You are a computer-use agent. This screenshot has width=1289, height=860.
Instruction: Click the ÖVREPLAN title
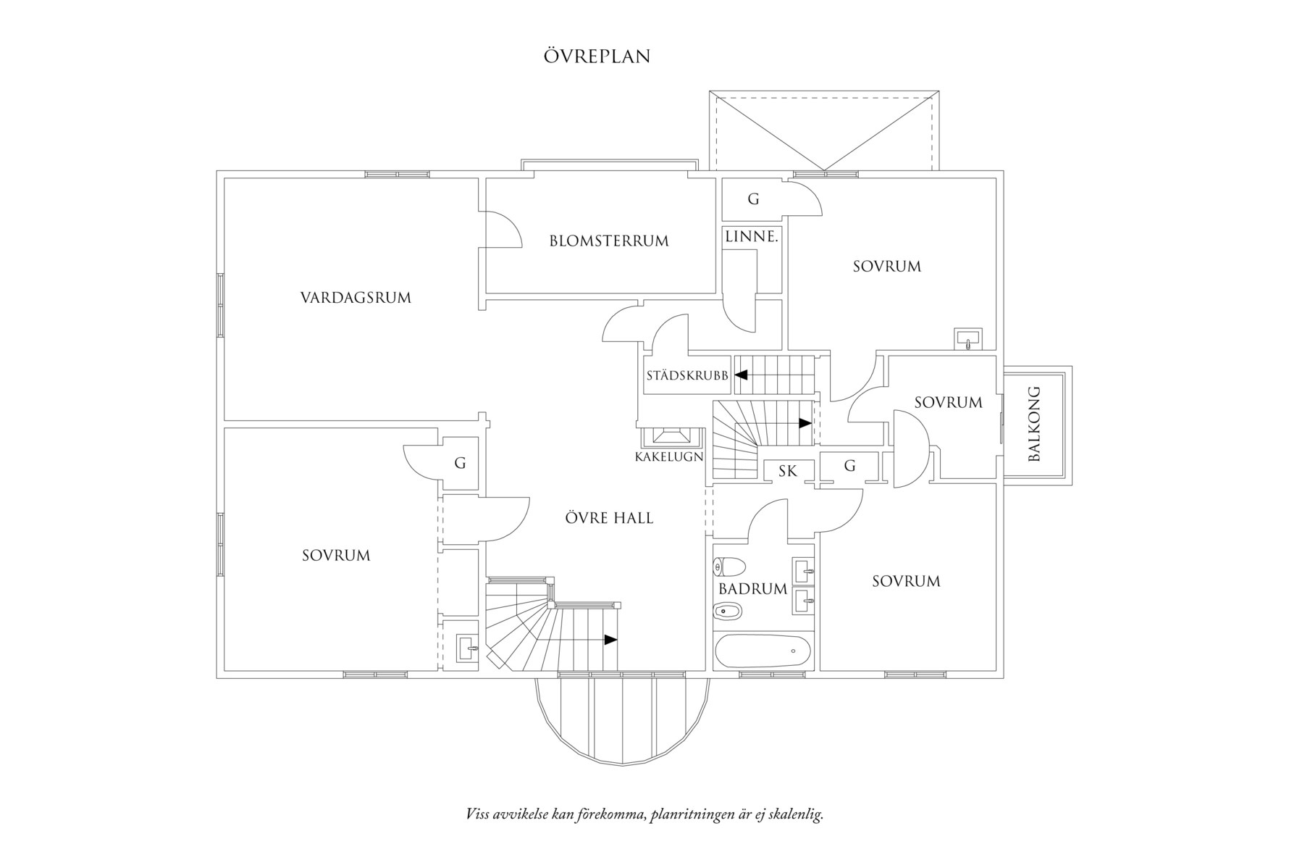(597, 57)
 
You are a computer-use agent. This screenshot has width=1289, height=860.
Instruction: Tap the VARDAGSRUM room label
(356, 297)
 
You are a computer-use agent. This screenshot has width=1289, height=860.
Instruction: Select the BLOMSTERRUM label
(608, 241)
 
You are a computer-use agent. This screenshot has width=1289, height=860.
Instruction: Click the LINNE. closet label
(752, 236)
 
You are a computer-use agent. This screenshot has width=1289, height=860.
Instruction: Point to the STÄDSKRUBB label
(687, 376)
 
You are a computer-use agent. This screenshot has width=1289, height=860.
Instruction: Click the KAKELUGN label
(669, 456)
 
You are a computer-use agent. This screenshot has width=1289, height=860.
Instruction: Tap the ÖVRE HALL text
(608, 518)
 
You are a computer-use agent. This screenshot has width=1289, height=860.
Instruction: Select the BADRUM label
(752, 589)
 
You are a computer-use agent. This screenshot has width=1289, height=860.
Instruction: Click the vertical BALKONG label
(1033, 424)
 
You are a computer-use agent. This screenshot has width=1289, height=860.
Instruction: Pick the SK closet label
(788, 471)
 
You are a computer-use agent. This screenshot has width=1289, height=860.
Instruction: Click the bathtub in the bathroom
(763, 651)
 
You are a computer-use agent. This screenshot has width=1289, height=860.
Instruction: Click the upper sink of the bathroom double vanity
(803, 570)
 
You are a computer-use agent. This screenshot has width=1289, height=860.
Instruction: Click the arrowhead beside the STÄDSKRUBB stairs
(741, 375)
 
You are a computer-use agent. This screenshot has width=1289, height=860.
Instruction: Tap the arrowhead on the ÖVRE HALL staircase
(611, 640)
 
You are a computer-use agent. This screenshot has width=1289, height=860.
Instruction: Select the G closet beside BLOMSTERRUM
(753, 199)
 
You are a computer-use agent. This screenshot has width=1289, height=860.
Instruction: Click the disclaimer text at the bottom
(644, 814)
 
